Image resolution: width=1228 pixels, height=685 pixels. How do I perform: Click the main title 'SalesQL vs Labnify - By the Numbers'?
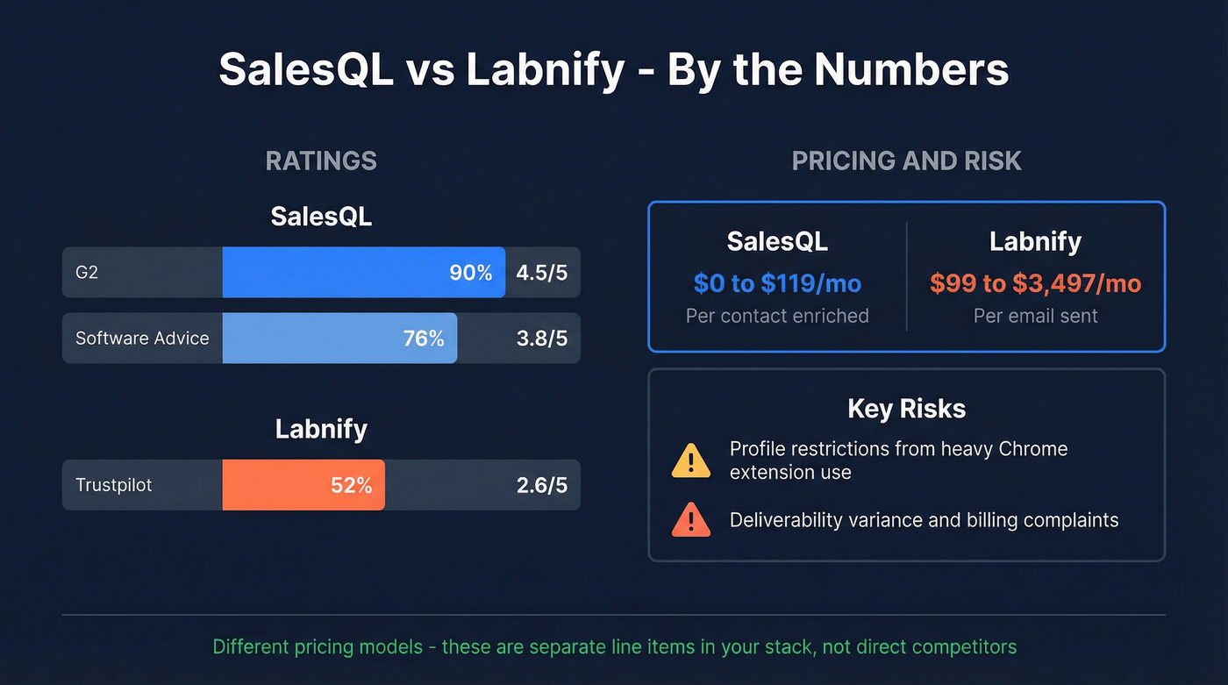[614, 69]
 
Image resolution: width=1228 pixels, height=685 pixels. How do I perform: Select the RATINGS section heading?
[321, 161]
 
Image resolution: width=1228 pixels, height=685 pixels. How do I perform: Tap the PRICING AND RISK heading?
[906, 161]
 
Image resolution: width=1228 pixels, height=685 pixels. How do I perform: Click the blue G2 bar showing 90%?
[363, 273]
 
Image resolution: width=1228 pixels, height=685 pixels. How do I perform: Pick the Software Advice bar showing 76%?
[339, 339]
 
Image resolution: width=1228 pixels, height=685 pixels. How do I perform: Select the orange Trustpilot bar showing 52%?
[303, 485]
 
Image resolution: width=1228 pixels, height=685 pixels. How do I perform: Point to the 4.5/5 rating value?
[541, 273]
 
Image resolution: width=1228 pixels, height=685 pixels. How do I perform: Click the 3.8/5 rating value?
[541, 339]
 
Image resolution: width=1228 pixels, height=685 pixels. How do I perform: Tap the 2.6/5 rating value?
[541, 485]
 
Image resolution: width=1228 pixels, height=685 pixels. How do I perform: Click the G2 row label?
[87, 273]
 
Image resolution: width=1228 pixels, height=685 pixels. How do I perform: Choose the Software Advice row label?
[142, 339]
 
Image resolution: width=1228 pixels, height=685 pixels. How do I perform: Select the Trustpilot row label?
[113, 485]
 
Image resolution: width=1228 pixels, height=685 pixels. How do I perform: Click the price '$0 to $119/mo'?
[777, 283]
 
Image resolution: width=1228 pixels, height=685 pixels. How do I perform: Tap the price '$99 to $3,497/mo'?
[1035, 283]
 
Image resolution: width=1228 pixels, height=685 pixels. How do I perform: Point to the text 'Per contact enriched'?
[777, 316]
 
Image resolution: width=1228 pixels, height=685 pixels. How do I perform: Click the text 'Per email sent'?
[1035, 316]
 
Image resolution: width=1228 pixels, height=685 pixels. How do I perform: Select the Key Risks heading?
[906, 409]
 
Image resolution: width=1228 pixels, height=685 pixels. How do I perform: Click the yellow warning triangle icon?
[691, 460]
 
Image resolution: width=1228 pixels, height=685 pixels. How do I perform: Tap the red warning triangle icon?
[691, 520]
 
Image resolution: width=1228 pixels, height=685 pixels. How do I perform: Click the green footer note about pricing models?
[614, 647]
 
